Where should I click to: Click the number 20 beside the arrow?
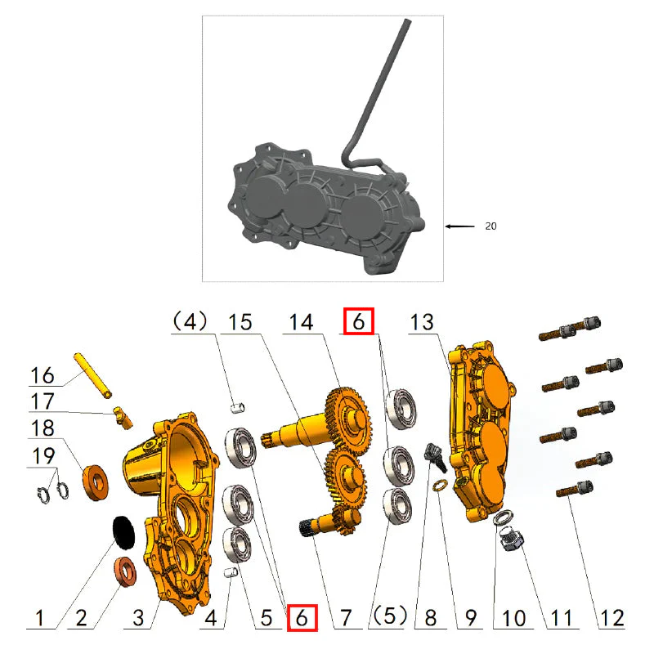pyautogui.click(x=490, y=226)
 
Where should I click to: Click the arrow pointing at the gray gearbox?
pyautogui.click(x=459, y=226)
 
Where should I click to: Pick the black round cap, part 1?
pyautogui.click(x=123, y=531)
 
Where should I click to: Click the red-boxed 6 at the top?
pyautogui.click(x=358, y=321)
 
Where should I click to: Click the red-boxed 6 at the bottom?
pyautogui.click(x=302, y=617)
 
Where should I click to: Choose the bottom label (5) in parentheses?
pyautogui.click(x=387, y=616)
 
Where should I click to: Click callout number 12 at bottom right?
pyautogui.click(x=611, y=617)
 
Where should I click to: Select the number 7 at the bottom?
pyautogui.click(x=345, y=617)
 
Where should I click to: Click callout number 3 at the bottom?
pyautogui.click(x=140, y=617)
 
